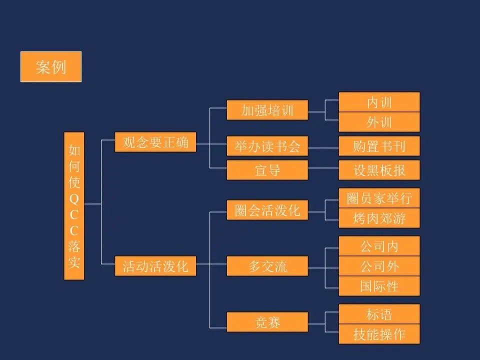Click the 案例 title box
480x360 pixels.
[x=50, y=66]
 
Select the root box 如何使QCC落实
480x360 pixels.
[x=74, y=205]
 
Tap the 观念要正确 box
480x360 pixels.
[x=155, y=142]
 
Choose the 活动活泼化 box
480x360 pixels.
[x=155, y=266]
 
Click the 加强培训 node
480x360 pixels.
[x=267, y=110]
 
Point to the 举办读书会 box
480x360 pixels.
[x=267, y=146]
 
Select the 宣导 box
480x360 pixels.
[x=267, y=170]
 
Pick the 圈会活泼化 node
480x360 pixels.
[x=267, y=210]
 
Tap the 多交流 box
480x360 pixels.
[x=267, y=265]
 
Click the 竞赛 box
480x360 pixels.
[x=267, y=322]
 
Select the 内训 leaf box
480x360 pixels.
[x=379, y=102]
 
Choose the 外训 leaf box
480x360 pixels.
[x=379, y=122]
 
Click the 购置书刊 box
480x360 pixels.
[x=379, y=146]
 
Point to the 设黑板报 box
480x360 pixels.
[x=379, y=170]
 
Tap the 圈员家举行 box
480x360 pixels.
[x=379, y=198]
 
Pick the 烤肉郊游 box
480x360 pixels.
[x=379, y=218]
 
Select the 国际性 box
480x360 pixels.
[x=379, y=286]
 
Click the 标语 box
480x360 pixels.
[x=379, y=314]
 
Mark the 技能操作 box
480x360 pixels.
[x=379, y=334]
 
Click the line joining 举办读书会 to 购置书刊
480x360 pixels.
[x=323, y=146]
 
